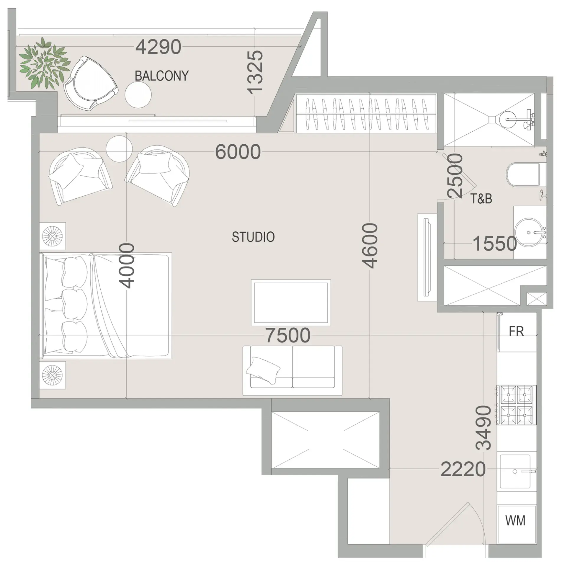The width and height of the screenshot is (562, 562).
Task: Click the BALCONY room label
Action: [161, 76]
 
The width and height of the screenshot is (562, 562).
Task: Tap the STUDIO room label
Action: [253, 237]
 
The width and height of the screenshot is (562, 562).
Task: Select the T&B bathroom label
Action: [481, 199]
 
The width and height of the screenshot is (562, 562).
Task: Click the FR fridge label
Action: [516, 331]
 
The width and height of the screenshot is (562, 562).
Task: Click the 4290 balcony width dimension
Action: [158, 47]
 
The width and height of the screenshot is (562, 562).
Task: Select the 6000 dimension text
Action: [238, 152]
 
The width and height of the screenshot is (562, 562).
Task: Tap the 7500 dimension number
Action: [288, 335]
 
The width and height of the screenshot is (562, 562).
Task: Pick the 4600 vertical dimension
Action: [370, 246]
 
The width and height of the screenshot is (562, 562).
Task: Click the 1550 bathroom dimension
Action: [495, 244]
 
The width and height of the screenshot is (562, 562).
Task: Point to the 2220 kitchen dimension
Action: [463, 469]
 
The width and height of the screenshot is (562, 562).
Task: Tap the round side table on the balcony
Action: [138, 95]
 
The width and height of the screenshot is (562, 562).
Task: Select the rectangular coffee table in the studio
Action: [291, 303]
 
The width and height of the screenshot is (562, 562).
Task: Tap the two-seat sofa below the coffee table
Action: [293, 370]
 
